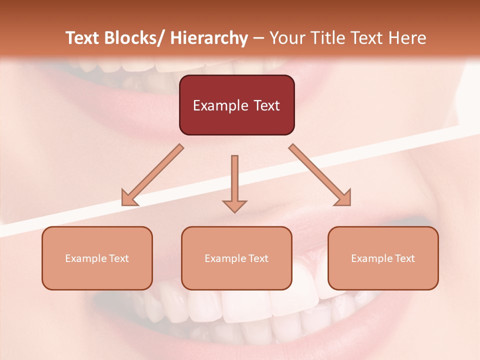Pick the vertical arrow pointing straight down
(234, 180)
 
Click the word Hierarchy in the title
(209, 38)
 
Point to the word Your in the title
(286, 38)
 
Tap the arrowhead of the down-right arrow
(343, 198)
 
